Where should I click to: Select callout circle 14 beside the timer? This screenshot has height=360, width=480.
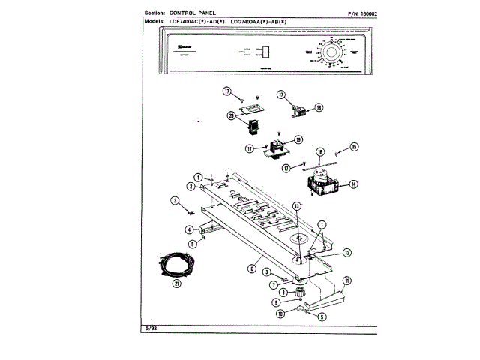pyautogui.click(x=352, y=183)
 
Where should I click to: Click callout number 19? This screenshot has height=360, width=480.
pyautogui.click(x=298, y=140)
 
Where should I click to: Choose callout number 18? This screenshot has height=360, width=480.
pyautogui.click(x=318, y=107)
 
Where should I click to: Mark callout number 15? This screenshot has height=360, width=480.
pyautogui.click(x=355, y=147)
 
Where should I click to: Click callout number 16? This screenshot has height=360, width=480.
pyautogui.click(x=319, y=151)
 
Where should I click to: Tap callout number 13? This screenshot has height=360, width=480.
pyautogui.click(x=296, y=205)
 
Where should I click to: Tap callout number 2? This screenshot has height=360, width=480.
pyautogui.click(x=191, y=186)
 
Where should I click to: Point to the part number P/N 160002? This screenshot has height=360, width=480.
pyautogui.click(x=359, y=13)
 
